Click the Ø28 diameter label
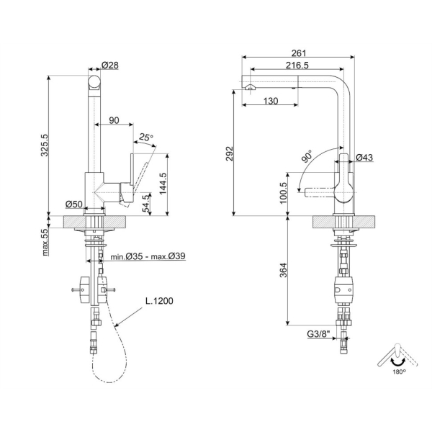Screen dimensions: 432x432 (110, 66)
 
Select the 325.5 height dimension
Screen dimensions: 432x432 (45, 145)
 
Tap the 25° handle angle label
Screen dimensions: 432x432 (145, 137)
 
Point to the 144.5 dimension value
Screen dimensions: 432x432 (163, 184)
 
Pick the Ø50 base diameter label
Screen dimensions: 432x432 (74, 204)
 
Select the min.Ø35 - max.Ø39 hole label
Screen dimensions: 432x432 (148, 256)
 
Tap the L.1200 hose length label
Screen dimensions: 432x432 (159, 300)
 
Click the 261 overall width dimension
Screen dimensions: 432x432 (299, 53)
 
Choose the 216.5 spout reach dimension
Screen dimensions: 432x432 (297, 66)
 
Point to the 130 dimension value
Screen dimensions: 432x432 (271, 101)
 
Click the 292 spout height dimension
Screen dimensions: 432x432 (229, 154)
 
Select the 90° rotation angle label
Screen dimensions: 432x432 (307, 156)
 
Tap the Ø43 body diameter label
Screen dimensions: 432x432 (364, 157)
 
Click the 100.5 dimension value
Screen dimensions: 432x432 (283, 193)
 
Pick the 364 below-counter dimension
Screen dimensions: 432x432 (283, 270)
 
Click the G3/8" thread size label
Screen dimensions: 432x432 (318, 334)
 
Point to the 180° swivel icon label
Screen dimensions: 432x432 (399, 372)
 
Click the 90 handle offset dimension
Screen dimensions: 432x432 (114, 120)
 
